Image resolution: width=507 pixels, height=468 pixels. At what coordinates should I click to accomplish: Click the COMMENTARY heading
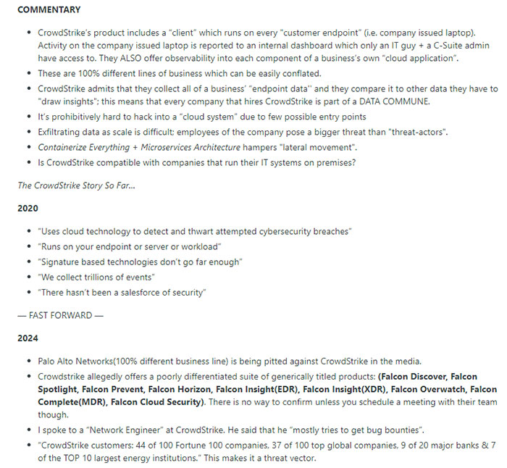click(x=49, y=9)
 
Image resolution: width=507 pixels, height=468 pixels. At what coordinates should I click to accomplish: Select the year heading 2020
click(x=28, y=207)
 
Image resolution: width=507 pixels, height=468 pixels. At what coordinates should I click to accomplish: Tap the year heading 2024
click(x=28, y=338)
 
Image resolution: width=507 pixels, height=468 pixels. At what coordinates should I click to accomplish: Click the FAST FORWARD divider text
click(x=59, y=315)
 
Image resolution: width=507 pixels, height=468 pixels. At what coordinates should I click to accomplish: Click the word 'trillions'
click(x=104, y=276)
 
